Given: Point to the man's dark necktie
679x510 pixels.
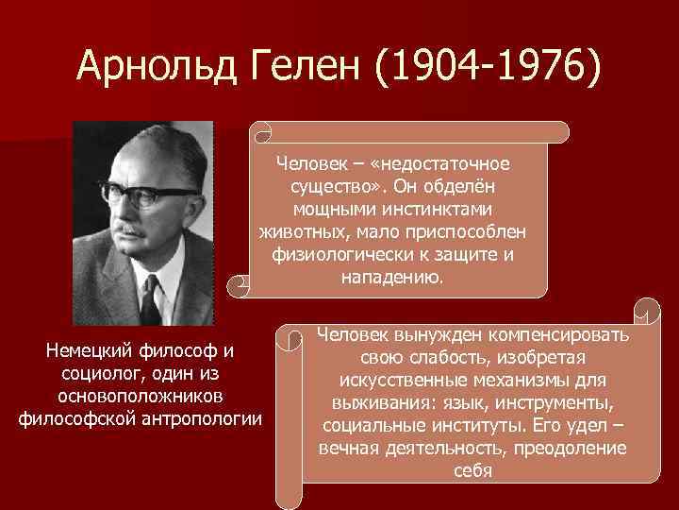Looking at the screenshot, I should click(151, 300).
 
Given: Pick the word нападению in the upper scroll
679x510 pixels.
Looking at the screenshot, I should click(389, 277).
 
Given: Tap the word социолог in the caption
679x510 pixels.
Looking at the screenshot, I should click(94, 374).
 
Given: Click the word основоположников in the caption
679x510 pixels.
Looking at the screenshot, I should click(141, 397).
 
